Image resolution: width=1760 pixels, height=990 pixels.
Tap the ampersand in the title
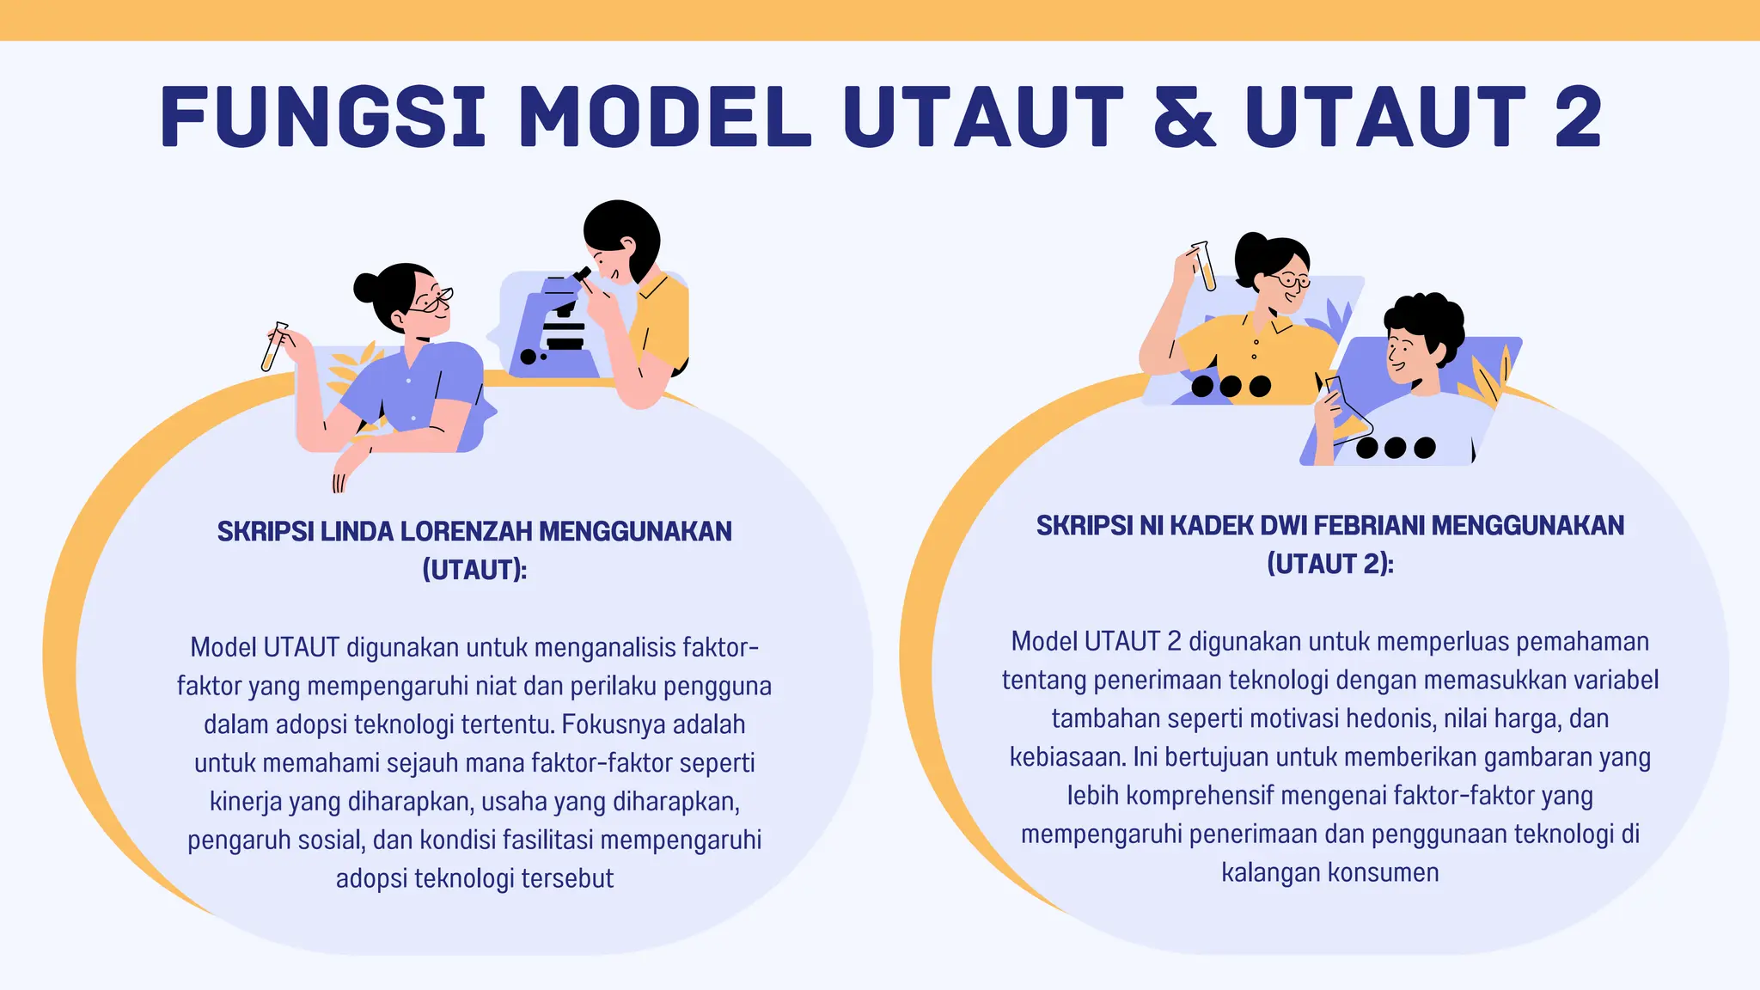pyautogui.click(x=1185, y=117)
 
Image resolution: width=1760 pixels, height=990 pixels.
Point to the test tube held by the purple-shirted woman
pyautogui.click(x=274, y=346)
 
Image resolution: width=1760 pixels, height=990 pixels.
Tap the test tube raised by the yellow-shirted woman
pyautogui.click(x=1204, y=266)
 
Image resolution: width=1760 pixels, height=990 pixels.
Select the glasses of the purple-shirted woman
pyautogui.click(x=431, y=299)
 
